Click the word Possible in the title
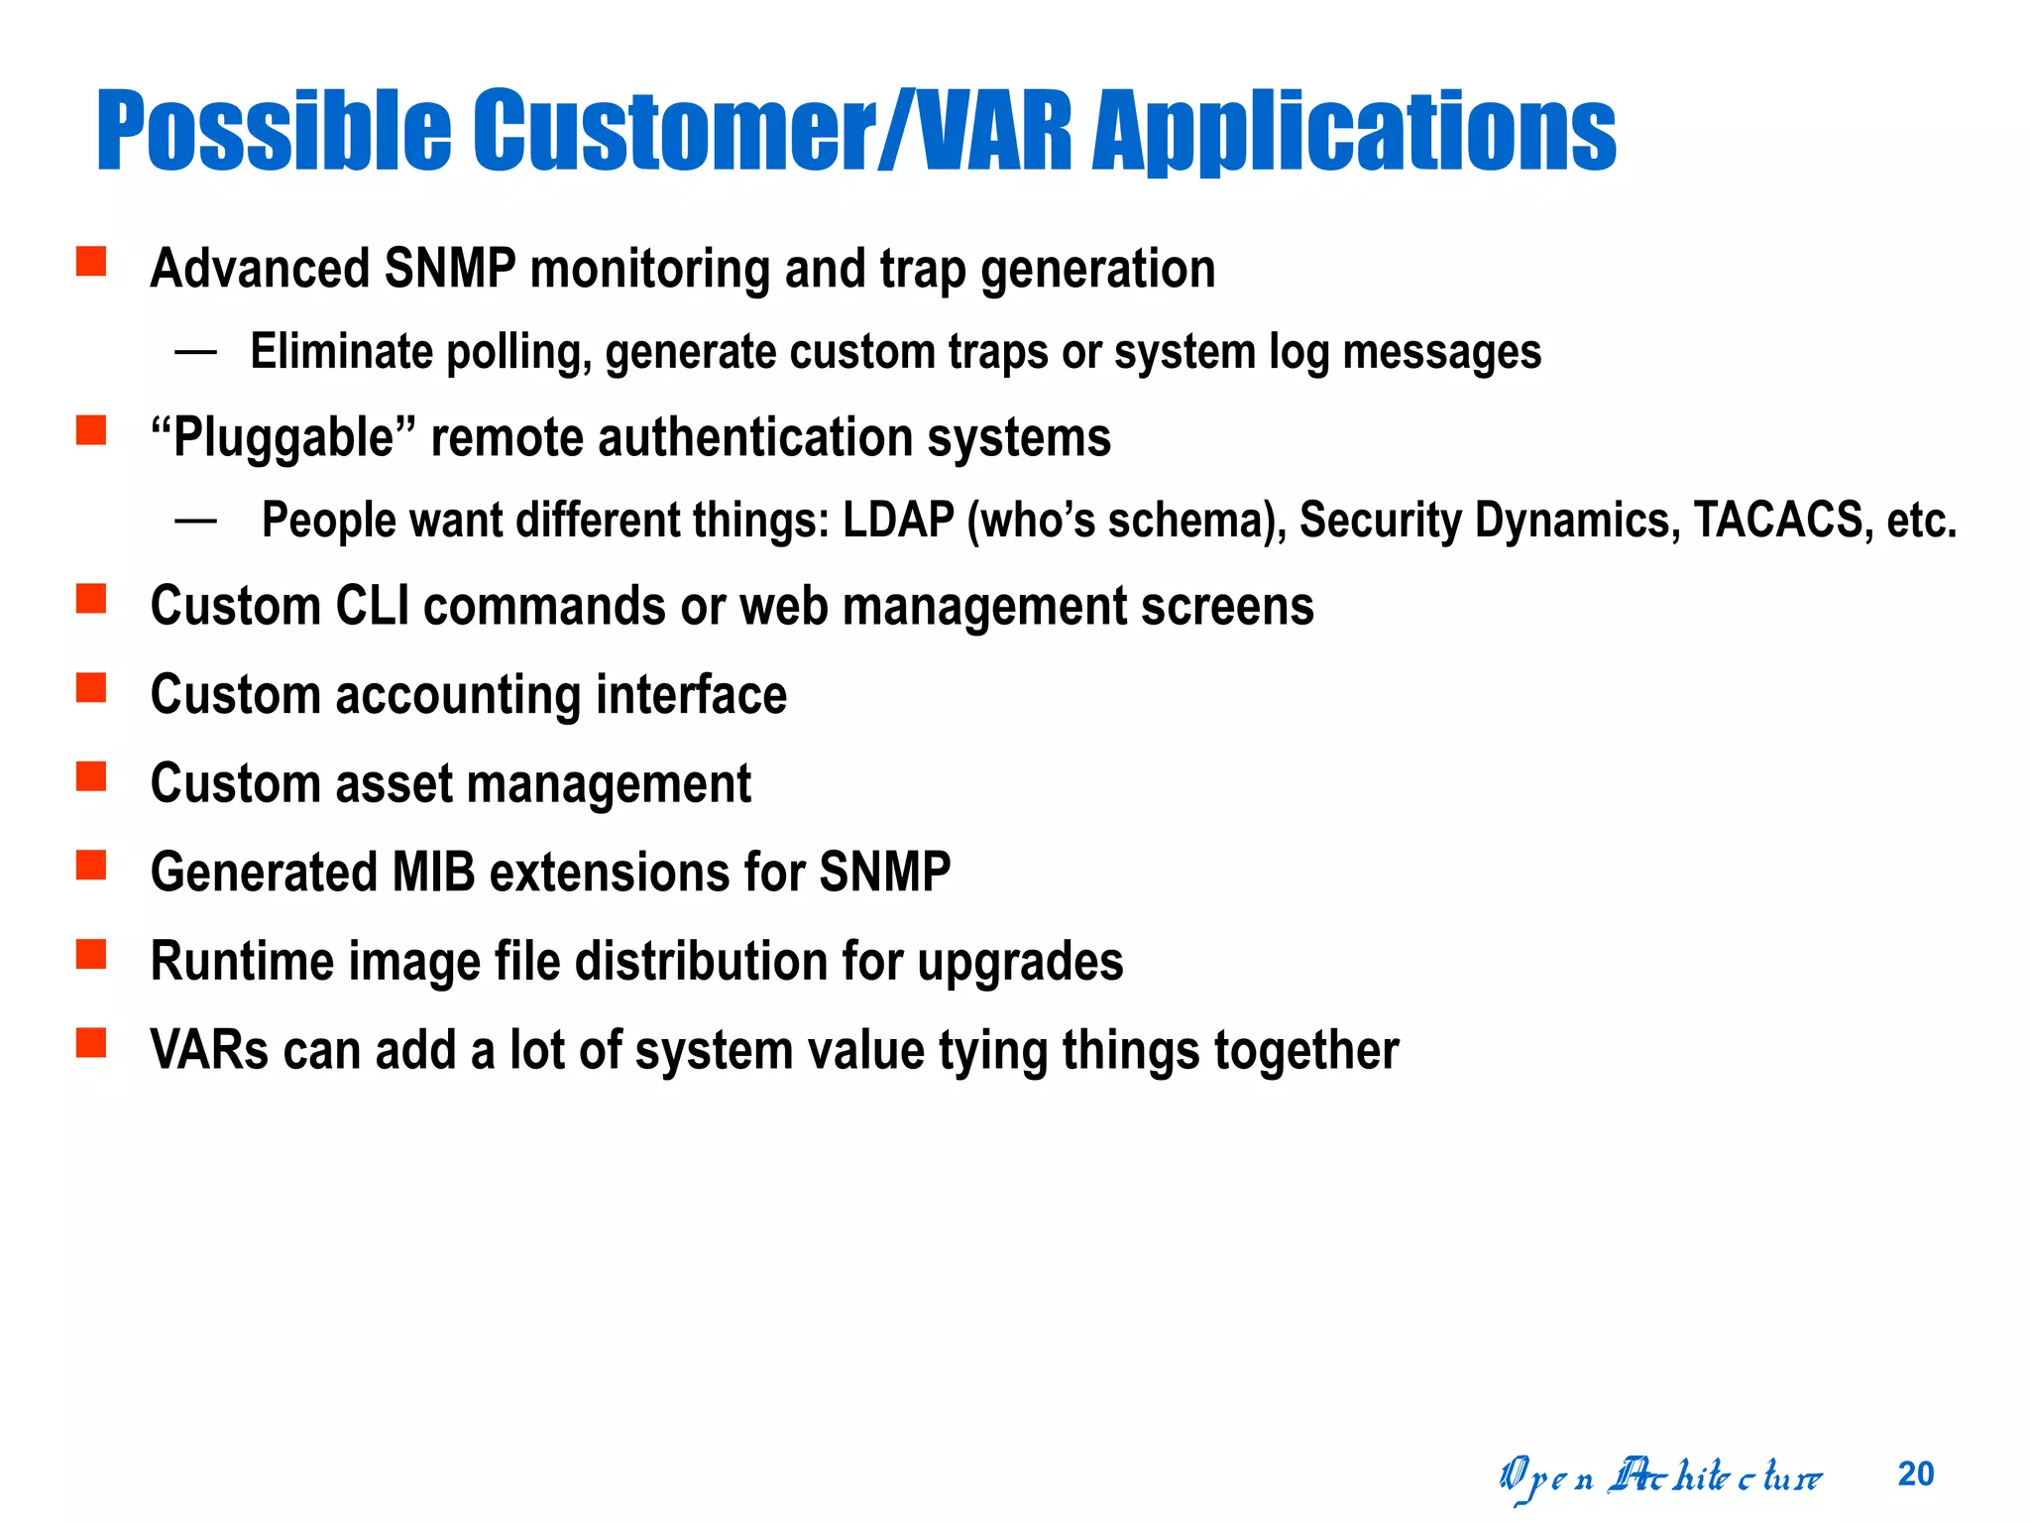pos(274,131)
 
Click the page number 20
pos(1915,1474)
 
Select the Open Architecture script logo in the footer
pos(1659,1478)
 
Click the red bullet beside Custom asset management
pos(91,776)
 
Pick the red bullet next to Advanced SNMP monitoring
pos(91,262)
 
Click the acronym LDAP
pos(898,520)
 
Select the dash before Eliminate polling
pos(195,351)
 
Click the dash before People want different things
pos(195,520)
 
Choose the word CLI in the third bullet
pos(372,606)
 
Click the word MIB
pos(433,873)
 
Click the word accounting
pos(458,694)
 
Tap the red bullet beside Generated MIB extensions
pos(91,866)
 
